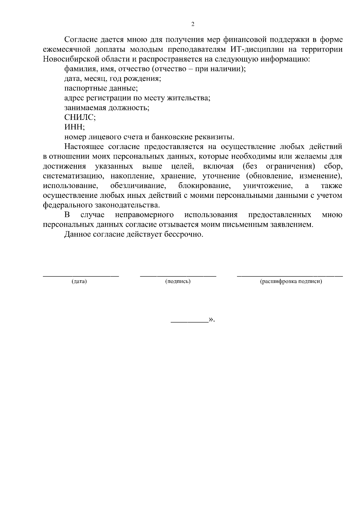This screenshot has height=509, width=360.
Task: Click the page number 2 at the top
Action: tap(193, 24)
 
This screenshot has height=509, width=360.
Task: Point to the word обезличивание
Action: tap(138, 186)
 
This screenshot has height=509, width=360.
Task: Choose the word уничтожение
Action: tap(268, 186)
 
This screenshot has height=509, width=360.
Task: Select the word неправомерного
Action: tap(144, 215)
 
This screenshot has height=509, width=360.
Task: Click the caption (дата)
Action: tap(79, 281)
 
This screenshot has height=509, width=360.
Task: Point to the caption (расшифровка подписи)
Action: tap(291, 281)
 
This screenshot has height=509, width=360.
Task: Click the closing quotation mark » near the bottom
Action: tap(211, 320)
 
